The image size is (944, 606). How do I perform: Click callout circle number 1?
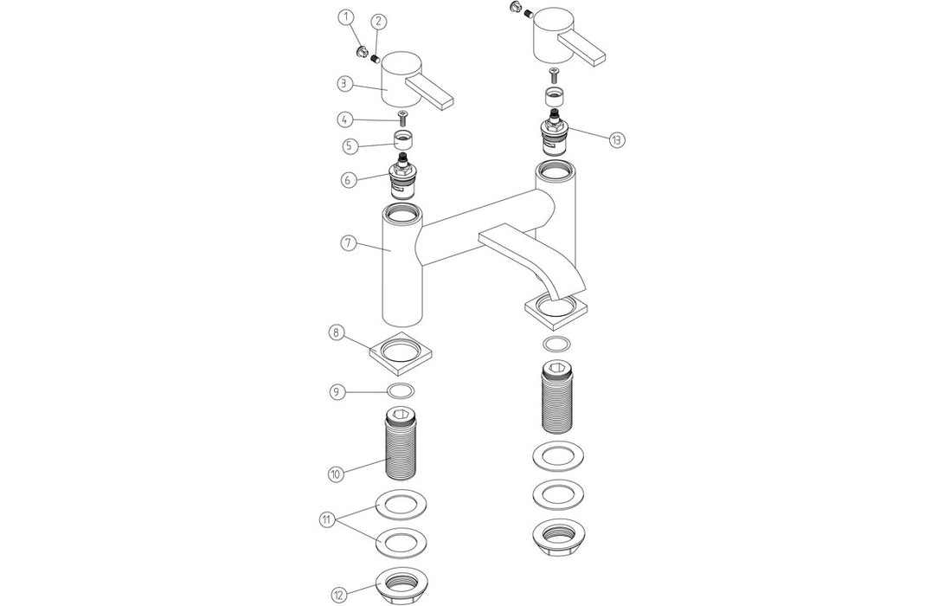pyautogui.click(x=346, y=17)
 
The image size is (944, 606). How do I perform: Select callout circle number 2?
pyautogui.click(x=380, y=21)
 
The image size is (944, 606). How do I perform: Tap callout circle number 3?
pyautogui.click(x=345, y=84)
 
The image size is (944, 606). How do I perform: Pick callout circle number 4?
pyautogui.click(x=345, y=119)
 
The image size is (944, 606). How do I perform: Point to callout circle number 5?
pyautogui.click(x=350, y=145)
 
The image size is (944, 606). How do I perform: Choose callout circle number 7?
pyautogui.click(x=348, y=243)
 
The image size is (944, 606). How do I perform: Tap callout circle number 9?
pyautogui.click(x=338, y=391)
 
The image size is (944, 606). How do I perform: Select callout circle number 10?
pyautogui.click(x=337, y=474)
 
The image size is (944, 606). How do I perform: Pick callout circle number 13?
pyautogui.click(x=616, y=139)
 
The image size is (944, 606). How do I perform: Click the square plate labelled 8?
pyautogui.click(x=401, y=350)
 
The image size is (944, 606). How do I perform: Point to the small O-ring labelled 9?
pyautogui.click(x=401, y=390)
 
